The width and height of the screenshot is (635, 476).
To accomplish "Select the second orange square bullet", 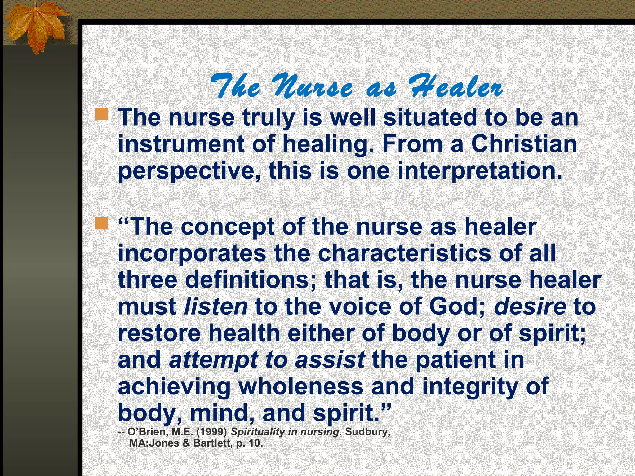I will [x=102, y=223].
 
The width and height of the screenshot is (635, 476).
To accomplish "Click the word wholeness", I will [x=301, y=387].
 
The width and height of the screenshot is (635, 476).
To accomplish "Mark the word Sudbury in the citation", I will [x=367, y=432].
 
